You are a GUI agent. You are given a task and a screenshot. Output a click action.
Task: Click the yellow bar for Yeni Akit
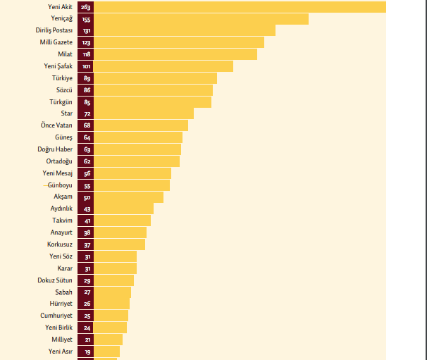coord(240,7)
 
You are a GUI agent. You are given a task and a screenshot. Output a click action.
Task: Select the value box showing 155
coord(87,19)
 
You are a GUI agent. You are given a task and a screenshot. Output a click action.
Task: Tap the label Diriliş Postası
coord(54,30)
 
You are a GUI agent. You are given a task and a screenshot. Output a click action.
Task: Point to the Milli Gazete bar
coord(179,42)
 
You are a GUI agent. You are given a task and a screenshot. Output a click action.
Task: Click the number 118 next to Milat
coord(87,54)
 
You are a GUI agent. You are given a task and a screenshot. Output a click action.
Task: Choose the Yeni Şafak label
coord(58,66)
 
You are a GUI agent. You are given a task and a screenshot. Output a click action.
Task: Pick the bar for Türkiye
coord(155,78)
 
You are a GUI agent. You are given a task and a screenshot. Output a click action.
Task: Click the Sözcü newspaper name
coord(64,90)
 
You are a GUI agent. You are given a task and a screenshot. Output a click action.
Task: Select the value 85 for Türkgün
coord(87,102)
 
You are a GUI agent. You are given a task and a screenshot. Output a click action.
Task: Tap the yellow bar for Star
coord(144,113)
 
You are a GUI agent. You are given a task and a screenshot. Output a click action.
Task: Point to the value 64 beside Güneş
coord(87,137)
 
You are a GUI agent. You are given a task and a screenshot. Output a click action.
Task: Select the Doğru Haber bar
coord(137,149)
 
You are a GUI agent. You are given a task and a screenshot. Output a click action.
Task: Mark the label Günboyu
coord(59,185)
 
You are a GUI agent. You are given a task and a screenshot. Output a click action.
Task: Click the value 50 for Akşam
coord(87,197)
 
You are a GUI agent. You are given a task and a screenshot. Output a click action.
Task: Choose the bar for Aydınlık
coord(124,209)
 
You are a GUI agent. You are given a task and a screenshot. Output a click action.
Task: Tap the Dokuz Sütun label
coord(55,280)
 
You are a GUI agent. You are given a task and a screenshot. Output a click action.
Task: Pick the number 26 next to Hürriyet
coord(87,304)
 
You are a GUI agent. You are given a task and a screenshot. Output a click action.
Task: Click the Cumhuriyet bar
coord(111,316)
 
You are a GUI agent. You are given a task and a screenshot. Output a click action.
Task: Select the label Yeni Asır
coord(61,351)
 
